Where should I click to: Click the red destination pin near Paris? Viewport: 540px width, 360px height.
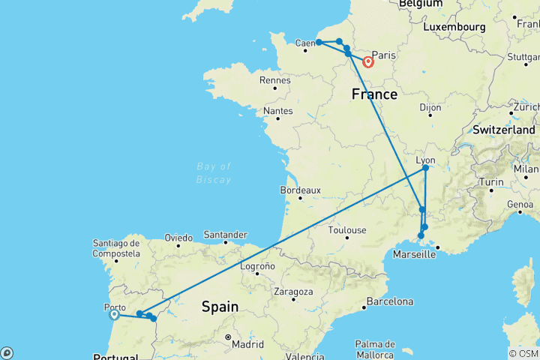[368, 62]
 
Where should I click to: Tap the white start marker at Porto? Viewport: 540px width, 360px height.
[114, 315]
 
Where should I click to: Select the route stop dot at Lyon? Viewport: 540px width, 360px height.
[425, 168]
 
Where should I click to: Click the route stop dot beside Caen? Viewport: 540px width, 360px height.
[319, 42]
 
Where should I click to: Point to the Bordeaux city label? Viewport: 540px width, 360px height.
[301, 190]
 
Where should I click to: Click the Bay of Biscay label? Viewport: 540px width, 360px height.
[214, 172]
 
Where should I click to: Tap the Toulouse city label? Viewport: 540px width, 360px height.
[346, 230]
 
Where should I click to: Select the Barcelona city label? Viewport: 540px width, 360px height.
[388, 301]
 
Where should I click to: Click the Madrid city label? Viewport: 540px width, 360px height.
[247, 344]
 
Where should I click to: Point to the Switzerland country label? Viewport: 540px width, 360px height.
[505, 129]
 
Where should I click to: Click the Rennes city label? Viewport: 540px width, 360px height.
[274, 80]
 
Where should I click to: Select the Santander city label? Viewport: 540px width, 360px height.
[225, 234]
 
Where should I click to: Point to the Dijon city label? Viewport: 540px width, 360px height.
[430, 108]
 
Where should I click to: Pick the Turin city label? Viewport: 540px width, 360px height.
[492, 182]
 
